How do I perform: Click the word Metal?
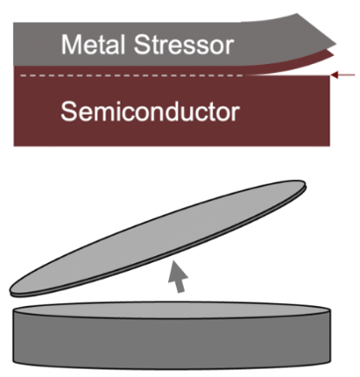(93, 45)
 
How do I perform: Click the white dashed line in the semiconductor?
(131, 78)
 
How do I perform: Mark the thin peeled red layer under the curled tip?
(298, 63)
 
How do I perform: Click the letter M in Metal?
(70, 45)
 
